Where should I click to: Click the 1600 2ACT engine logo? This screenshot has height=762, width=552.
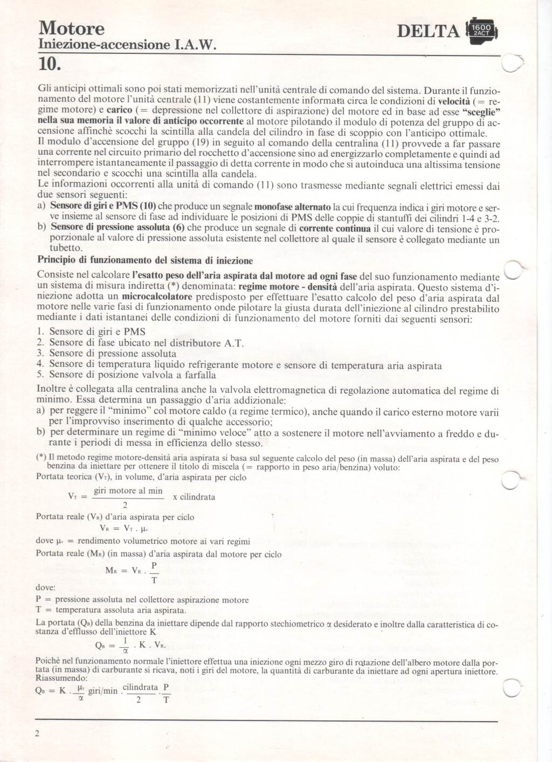point(479,31)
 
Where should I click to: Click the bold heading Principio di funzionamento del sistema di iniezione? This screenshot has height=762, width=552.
point(145,261)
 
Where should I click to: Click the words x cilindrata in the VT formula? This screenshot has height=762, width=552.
point(194,497)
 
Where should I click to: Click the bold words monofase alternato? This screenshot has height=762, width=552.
point(293,207)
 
